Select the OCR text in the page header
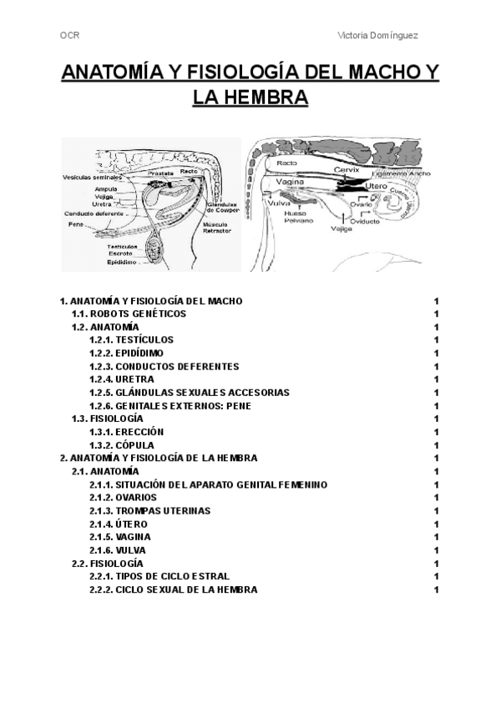pos(70,36)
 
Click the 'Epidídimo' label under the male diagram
pos(123,263)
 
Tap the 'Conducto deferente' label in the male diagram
pos(93,213)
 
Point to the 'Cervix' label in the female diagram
pos(345,170)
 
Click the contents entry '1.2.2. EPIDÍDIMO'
pos(132,353)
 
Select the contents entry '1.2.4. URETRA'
pos(122,379)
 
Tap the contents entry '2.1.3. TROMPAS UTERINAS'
pos(149,510)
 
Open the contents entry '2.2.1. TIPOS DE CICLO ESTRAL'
pos(159,576)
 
